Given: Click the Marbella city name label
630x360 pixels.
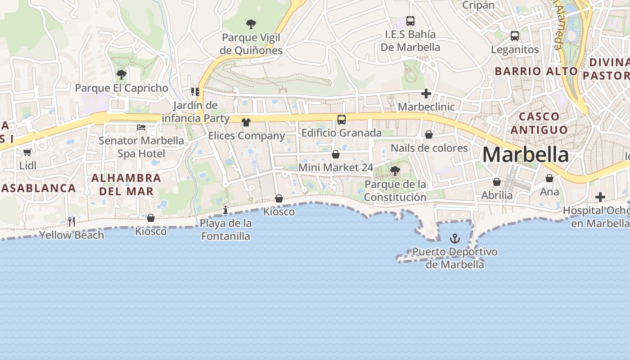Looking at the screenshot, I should tap(525, 155).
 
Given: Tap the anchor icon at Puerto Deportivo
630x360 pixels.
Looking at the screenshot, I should tap(455, 238).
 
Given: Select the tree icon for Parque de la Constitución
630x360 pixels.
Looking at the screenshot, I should tap(395, 171).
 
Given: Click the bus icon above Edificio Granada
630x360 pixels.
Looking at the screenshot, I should tap(342, 119).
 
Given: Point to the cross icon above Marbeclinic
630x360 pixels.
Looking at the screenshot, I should tap(426, 94).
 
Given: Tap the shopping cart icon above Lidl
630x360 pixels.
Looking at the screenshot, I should tap(27, 152).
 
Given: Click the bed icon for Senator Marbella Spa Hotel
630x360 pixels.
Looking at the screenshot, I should tap(141, 127).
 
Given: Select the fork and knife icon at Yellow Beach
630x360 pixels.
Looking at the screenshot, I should tap(72, 221).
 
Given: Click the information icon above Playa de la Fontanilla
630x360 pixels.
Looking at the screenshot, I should tap(225, 210).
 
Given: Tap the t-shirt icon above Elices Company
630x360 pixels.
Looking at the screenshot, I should tap(246, 122).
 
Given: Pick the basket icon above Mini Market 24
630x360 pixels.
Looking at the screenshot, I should tap(336, 154).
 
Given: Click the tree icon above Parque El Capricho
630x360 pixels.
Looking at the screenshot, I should tap(121, 74).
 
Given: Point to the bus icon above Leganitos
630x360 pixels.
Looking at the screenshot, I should tap(515, 36).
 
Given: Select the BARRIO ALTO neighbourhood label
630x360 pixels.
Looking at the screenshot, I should tap(536, 71).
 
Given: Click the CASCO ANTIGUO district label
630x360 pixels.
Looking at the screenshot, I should tap(539, 123).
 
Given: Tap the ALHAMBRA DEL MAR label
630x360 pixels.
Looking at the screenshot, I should tap(126, 184).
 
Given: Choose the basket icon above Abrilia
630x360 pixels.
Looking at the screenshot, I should tap(497, 182).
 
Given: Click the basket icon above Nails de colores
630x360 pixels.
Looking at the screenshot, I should tap(429, 135).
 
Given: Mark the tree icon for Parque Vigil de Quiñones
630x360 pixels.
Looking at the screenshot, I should tap(251, 24).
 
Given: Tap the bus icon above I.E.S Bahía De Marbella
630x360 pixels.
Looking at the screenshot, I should tap(410, 21).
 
